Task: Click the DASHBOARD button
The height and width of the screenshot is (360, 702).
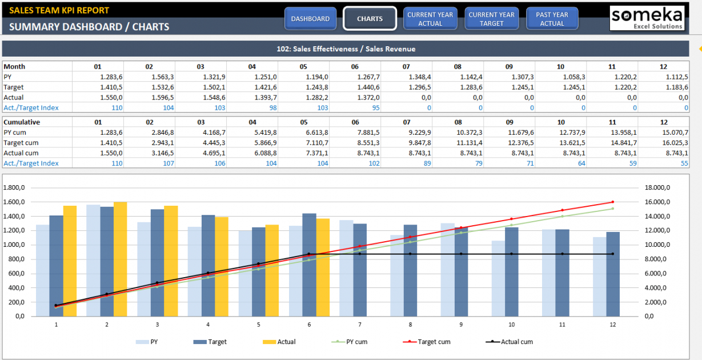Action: point(310,19)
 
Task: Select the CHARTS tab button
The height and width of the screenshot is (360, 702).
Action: point(370,19)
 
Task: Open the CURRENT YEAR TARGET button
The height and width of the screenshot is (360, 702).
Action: point(491,19)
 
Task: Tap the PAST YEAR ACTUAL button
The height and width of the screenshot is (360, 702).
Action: point(552,19)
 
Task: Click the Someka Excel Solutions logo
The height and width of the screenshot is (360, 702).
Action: point(647,18)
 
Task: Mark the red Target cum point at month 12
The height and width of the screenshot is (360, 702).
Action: point(612,202)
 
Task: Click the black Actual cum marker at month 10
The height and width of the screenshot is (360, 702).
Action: point(511,254)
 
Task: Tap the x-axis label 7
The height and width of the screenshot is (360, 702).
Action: point(360,325)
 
